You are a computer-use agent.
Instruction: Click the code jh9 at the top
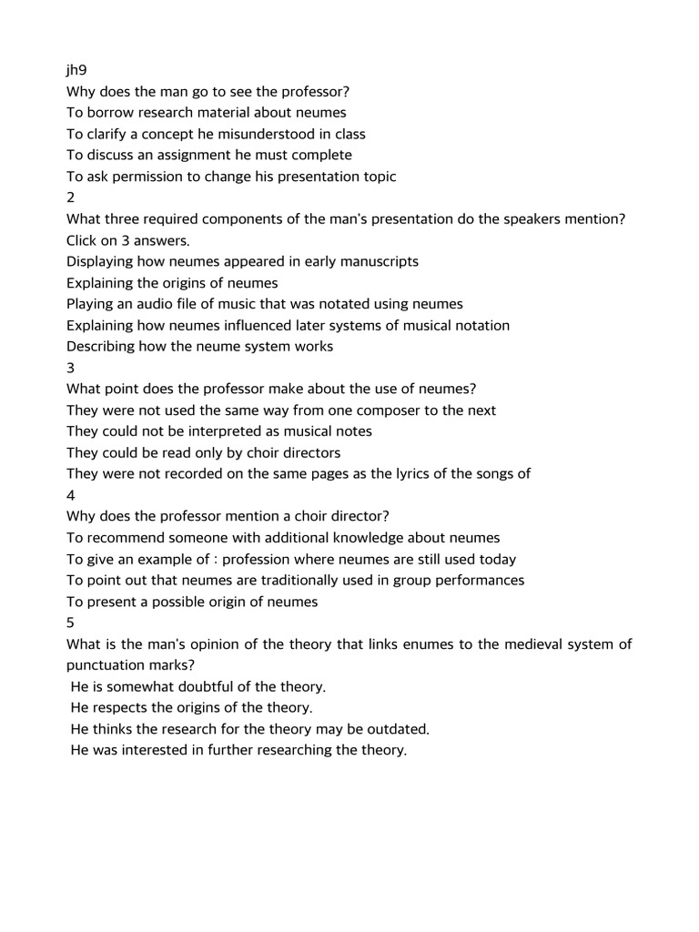[x=76, y=70]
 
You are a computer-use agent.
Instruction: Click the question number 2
[x=71, y=198]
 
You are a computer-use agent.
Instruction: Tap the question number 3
[x=71, y=368]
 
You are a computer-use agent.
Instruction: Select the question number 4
[x=71, y=495]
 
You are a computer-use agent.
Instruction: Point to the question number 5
[x=71, y=623]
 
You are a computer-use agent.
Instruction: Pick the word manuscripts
[x=378, y=261]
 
